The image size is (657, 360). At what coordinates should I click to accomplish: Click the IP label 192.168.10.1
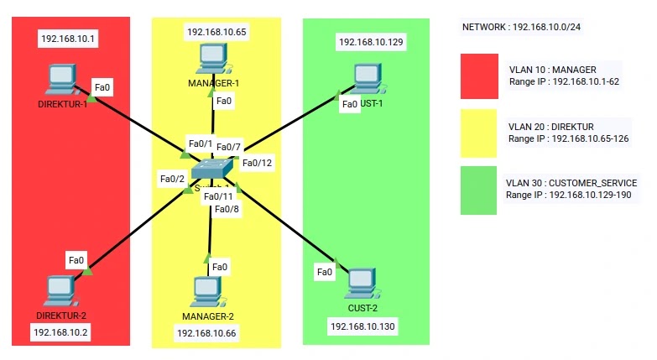point(69,39)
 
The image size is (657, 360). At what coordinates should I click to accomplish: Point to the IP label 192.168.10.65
point(216,33)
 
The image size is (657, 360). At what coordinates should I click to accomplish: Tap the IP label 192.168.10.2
point(60,332)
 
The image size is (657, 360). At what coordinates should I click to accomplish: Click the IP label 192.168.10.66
point(206,333)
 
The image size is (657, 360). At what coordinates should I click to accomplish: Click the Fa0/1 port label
point(201,143)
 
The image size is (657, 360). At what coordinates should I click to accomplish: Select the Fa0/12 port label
point(257,162)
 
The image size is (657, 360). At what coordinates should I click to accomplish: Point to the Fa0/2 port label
point(172,179)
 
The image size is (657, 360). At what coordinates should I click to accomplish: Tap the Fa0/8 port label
point(227,209)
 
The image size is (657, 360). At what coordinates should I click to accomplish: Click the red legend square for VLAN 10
point(479,76)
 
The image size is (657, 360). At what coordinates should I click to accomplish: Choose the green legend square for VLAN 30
point(478,190)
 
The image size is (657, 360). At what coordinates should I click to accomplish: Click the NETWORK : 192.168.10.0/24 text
point(521,28)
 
